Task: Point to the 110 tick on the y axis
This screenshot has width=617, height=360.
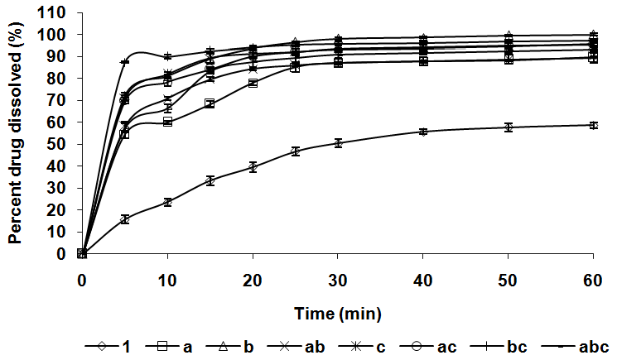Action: tap(55, 12)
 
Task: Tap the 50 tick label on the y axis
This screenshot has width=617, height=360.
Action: tap(59, 144)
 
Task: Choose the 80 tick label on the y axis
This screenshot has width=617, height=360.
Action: tap(59, 79)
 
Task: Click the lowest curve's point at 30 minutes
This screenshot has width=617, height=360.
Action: tap(338, 142)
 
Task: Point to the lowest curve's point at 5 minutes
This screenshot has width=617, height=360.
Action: tap(125, 219)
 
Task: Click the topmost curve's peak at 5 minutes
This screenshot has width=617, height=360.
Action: tap(125, 62)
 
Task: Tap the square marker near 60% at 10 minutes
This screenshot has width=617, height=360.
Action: tap(167, 122)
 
